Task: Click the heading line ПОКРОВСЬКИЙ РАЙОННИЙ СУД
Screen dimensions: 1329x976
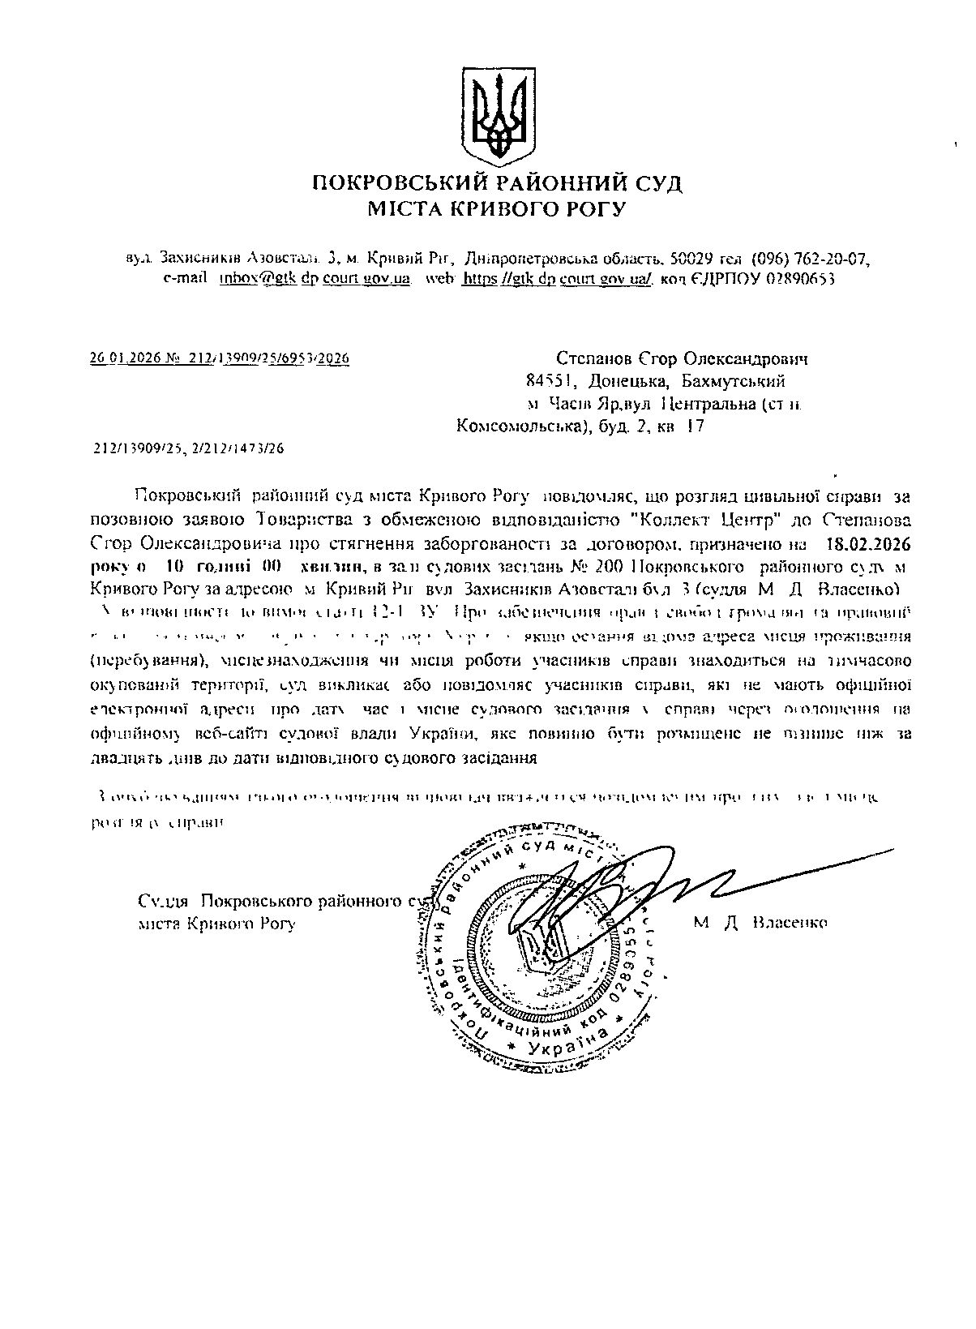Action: click(498, 182)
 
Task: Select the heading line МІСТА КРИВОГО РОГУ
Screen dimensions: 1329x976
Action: click(498, 210)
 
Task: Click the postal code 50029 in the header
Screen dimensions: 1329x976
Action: click(691, 259)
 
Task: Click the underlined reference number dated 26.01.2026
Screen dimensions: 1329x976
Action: click(219, 358)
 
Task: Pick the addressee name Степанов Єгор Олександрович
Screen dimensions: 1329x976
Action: click(683, 358)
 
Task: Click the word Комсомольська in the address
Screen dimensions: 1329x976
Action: click(514, 426)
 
